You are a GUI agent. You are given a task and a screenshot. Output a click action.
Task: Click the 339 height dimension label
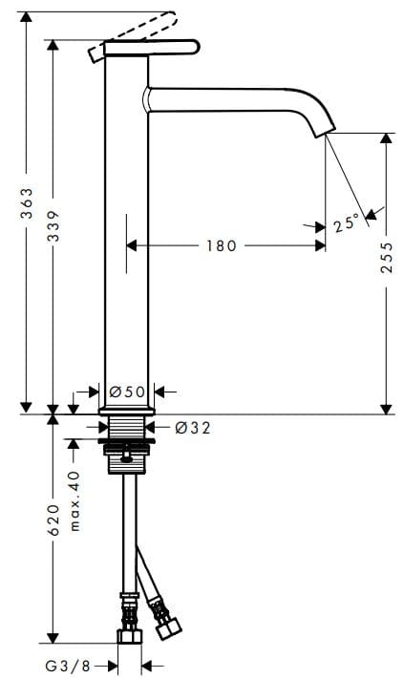(x=54, y=226)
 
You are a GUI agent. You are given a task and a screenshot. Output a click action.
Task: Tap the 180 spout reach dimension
(x=221, y=246)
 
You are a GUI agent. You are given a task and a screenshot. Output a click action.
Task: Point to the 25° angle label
(x=347, y=223)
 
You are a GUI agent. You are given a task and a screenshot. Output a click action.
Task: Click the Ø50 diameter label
(x=127, y=391)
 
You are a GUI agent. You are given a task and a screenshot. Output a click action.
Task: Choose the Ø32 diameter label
(x=192, y=428)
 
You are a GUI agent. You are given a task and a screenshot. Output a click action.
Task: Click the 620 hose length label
(x=54, y=519)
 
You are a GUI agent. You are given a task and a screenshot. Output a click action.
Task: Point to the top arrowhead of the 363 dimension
(x=28, y=17)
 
